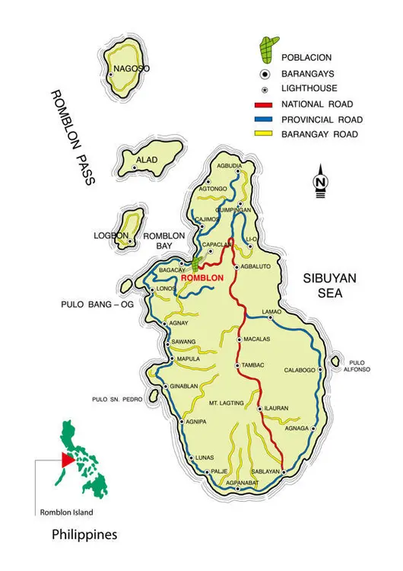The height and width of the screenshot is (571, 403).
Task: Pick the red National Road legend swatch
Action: [265, 104]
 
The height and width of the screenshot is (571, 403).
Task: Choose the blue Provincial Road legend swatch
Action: [265, 120]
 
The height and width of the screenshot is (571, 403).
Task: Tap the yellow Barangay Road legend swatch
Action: [265, 135]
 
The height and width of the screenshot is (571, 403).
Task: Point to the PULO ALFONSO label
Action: [359, 365]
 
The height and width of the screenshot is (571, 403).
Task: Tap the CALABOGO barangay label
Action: [300, 371]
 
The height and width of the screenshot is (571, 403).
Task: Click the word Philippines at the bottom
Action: [84, 536]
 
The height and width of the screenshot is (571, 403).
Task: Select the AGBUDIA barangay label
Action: [229, 166]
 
